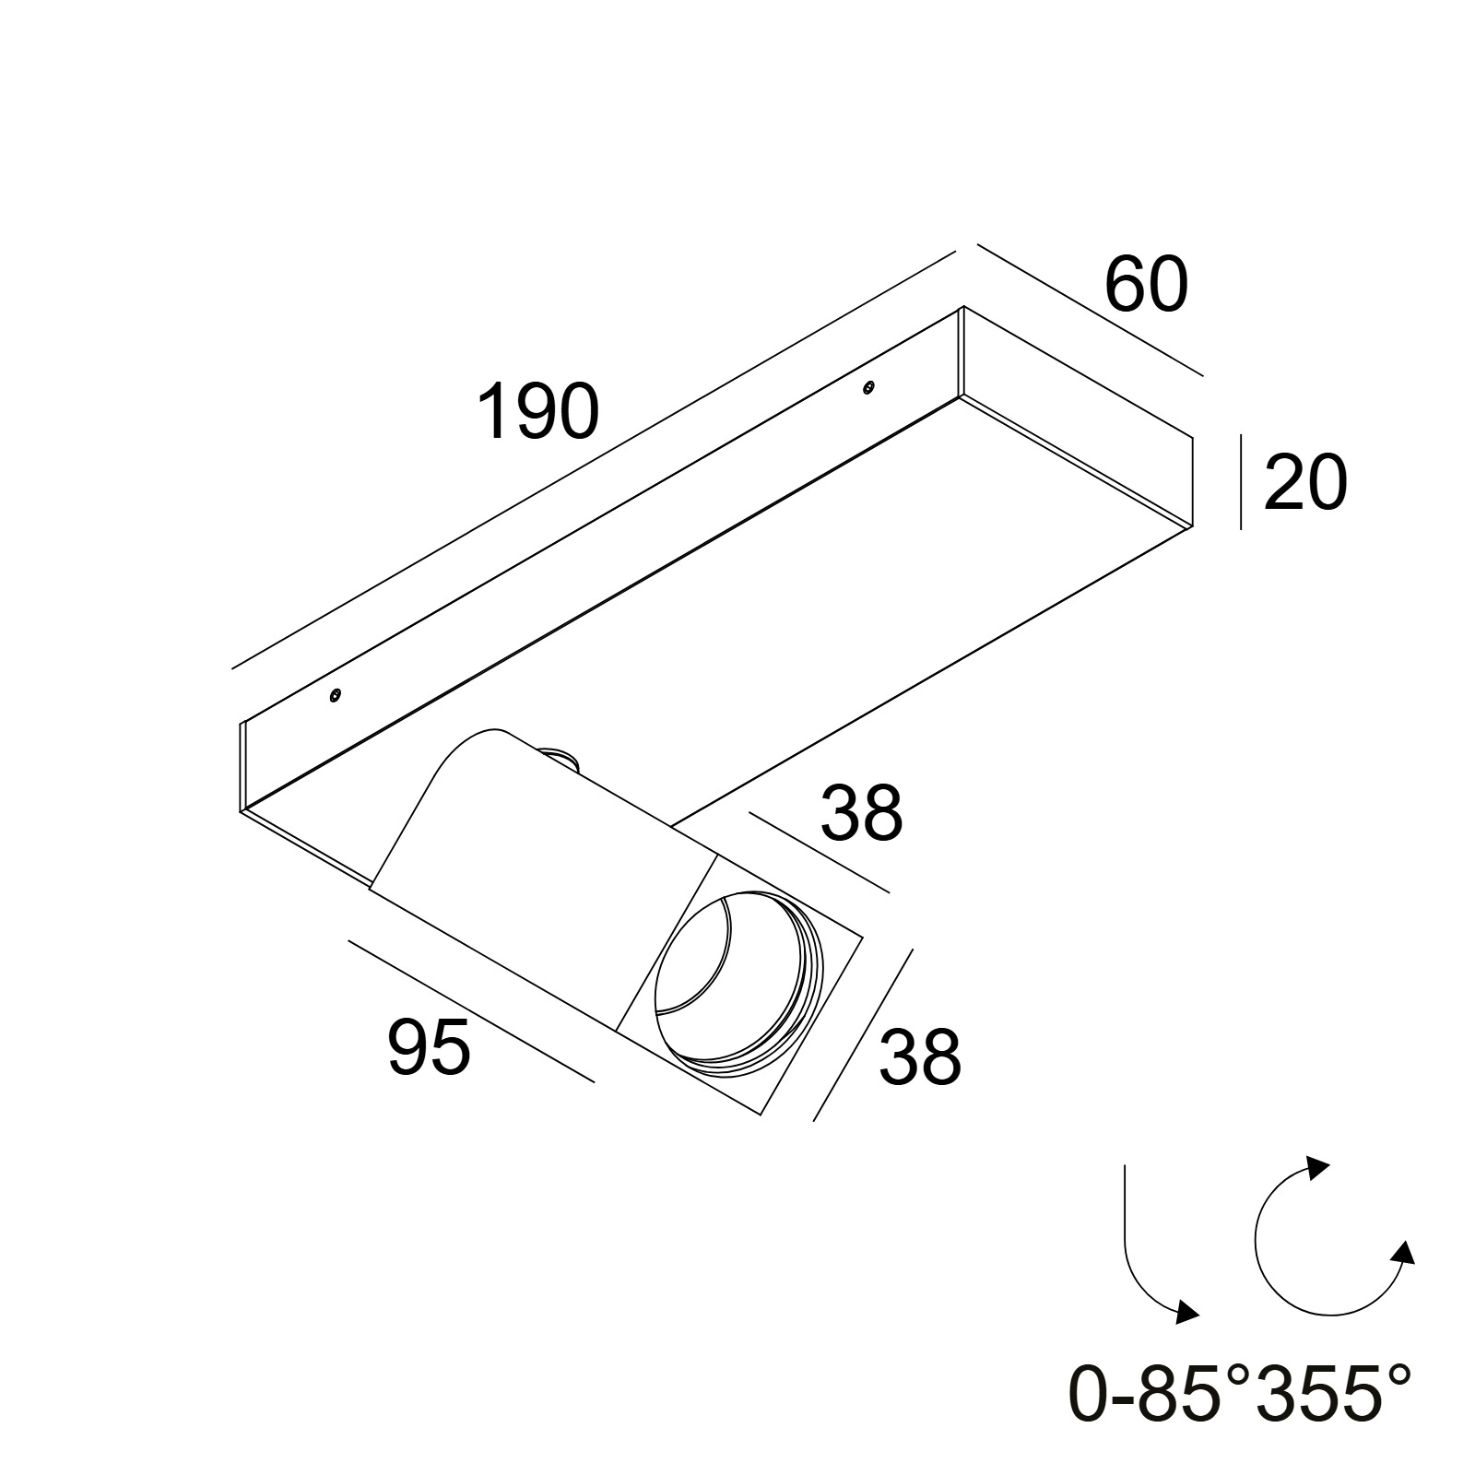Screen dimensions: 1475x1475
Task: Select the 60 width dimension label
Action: (1146, 285)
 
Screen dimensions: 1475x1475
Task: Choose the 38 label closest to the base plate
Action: (861, 813)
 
